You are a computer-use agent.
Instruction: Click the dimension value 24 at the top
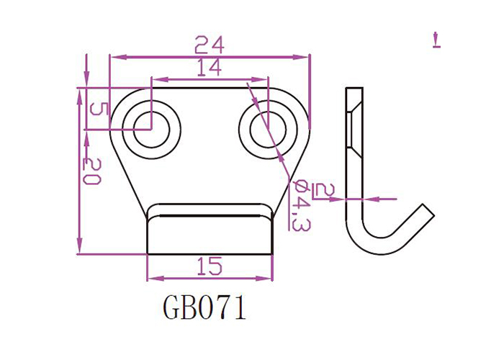click(210, 45)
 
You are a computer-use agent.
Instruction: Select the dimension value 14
click(209, 69)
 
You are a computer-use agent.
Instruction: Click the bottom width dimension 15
click(209, 267)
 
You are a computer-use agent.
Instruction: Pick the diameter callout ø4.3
click(300, 204)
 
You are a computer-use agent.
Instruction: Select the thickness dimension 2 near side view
click(325, 190)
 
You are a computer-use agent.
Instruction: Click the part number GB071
click(204, 309)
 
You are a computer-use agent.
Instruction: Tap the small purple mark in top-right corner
click(436, 40)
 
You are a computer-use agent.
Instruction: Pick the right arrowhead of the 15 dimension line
click(269, 278)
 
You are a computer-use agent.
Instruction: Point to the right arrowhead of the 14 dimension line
click(264, 79)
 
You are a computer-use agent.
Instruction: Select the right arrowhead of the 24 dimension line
click(305, 56)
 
